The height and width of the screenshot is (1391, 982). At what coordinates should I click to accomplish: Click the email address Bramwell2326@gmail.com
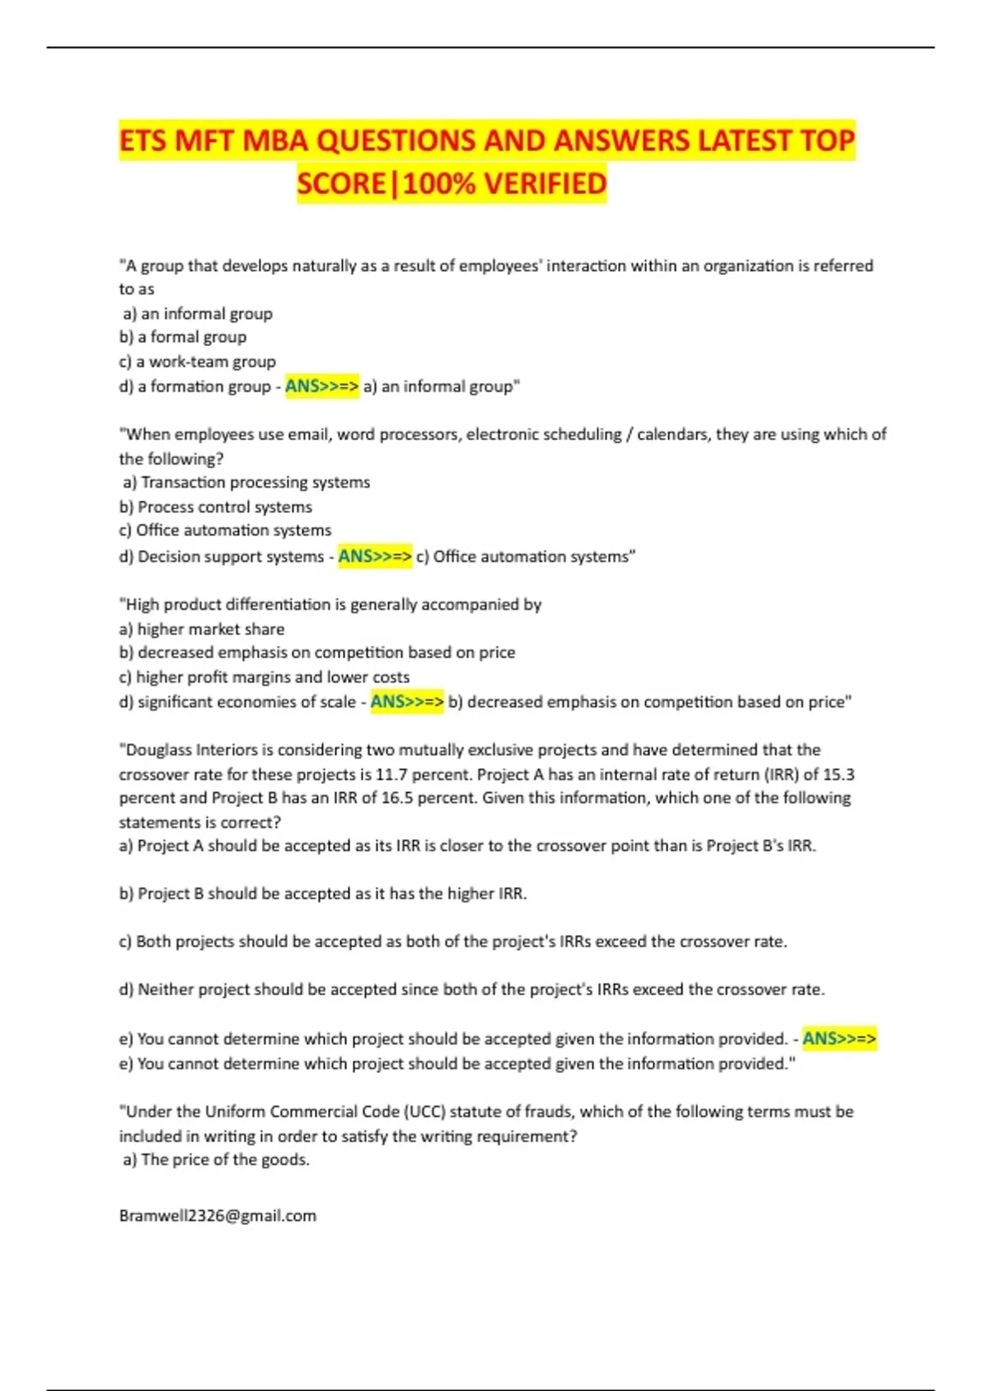[x=218, y=1216]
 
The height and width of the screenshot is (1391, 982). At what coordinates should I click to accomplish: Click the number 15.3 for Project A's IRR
[x=839, y=774]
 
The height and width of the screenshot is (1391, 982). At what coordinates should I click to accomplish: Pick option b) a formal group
[x=182, y=337]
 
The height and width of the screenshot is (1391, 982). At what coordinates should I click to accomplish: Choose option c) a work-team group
[x=197, y=362]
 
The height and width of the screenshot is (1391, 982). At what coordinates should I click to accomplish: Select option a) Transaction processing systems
[x=246, y=483]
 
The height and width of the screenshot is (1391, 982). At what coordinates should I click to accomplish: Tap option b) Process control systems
[x=216, y=507]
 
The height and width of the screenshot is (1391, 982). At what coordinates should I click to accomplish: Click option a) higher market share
[x=202, y=629]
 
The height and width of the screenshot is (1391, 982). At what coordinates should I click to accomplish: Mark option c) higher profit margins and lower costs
[x=264, y=677]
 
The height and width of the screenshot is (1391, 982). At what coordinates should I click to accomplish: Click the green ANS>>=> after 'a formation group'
[x=322, y=386]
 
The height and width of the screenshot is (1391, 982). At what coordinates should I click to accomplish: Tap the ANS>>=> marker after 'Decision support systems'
[x=375, y=556]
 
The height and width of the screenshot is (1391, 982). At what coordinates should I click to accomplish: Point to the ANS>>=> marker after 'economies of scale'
[x=407, y=702]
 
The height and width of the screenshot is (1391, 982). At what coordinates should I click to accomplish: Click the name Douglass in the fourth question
[x=158, y=750]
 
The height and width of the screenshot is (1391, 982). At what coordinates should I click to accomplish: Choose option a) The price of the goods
[x=216, y=1160]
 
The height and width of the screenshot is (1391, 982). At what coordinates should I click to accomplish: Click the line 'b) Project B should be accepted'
[x=322, y=894]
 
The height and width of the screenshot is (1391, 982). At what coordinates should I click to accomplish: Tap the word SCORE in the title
[x=340, y=183]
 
